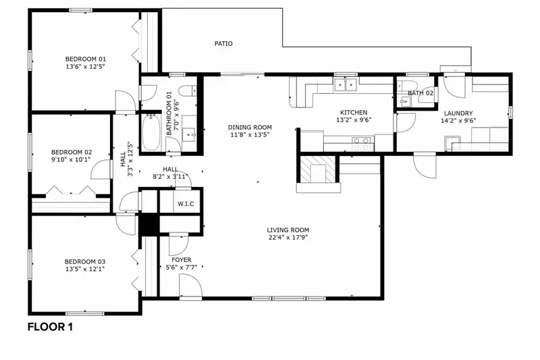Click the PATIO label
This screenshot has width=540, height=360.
[223, 44]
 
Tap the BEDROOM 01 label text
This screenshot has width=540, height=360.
[85, 59]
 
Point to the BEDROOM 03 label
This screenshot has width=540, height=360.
[85, 261]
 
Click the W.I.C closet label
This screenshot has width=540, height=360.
[186, 203]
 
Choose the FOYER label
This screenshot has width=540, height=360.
[181, 259]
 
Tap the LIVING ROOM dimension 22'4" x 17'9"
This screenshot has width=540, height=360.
[288, 237]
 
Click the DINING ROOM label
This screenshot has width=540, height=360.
[249, 127]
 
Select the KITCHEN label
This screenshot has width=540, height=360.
[354, 112]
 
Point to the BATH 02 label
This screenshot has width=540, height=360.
[420, 93]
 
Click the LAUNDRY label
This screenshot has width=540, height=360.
[458, 113]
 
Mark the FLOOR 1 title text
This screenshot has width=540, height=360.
[50, 328]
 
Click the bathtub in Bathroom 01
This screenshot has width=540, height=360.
[149, 133]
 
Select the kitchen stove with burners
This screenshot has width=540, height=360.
[362, 143]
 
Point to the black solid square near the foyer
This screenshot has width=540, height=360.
[148, 226]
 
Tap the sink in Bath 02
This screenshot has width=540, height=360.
[406, 101]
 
